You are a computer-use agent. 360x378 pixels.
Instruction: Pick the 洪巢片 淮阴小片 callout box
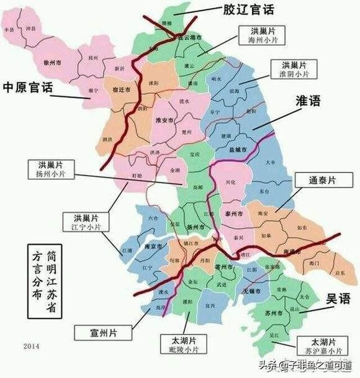(x=293, y=69)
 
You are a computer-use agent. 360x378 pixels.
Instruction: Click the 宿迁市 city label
(x=124, y=90)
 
